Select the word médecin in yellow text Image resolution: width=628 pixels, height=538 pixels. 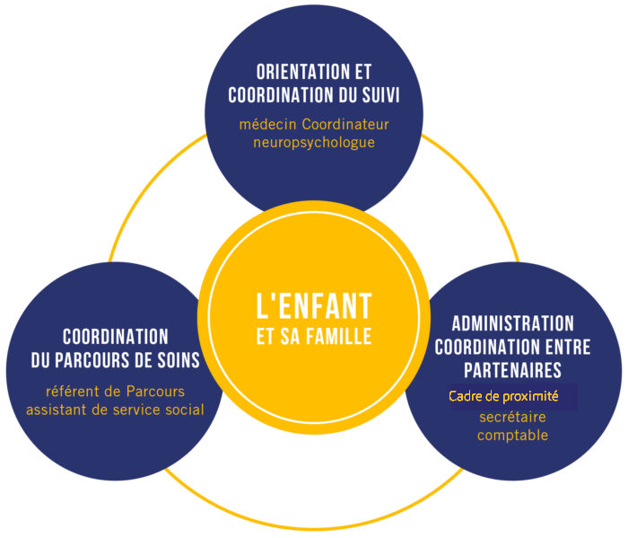(x=268, y=124)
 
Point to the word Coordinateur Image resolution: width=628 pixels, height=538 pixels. (x=345, y=124)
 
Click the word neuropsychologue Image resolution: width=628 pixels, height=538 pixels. (x=314, y=143)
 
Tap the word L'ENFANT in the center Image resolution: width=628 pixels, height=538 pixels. (x=314, y=306)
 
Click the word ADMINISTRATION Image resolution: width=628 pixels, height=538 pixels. (x=513, y=323)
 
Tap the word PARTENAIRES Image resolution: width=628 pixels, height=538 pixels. (x=513, y=370)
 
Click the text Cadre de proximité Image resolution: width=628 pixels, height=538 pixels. (x=503, y=396)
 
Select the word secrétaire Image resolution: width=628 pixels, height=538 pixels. (x=512, y=418)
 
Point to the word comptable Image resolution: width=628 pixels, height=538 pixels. (x=512, y=436)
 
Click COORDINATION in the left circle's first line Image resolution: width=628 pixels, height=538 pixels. (x=116, y=337)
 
